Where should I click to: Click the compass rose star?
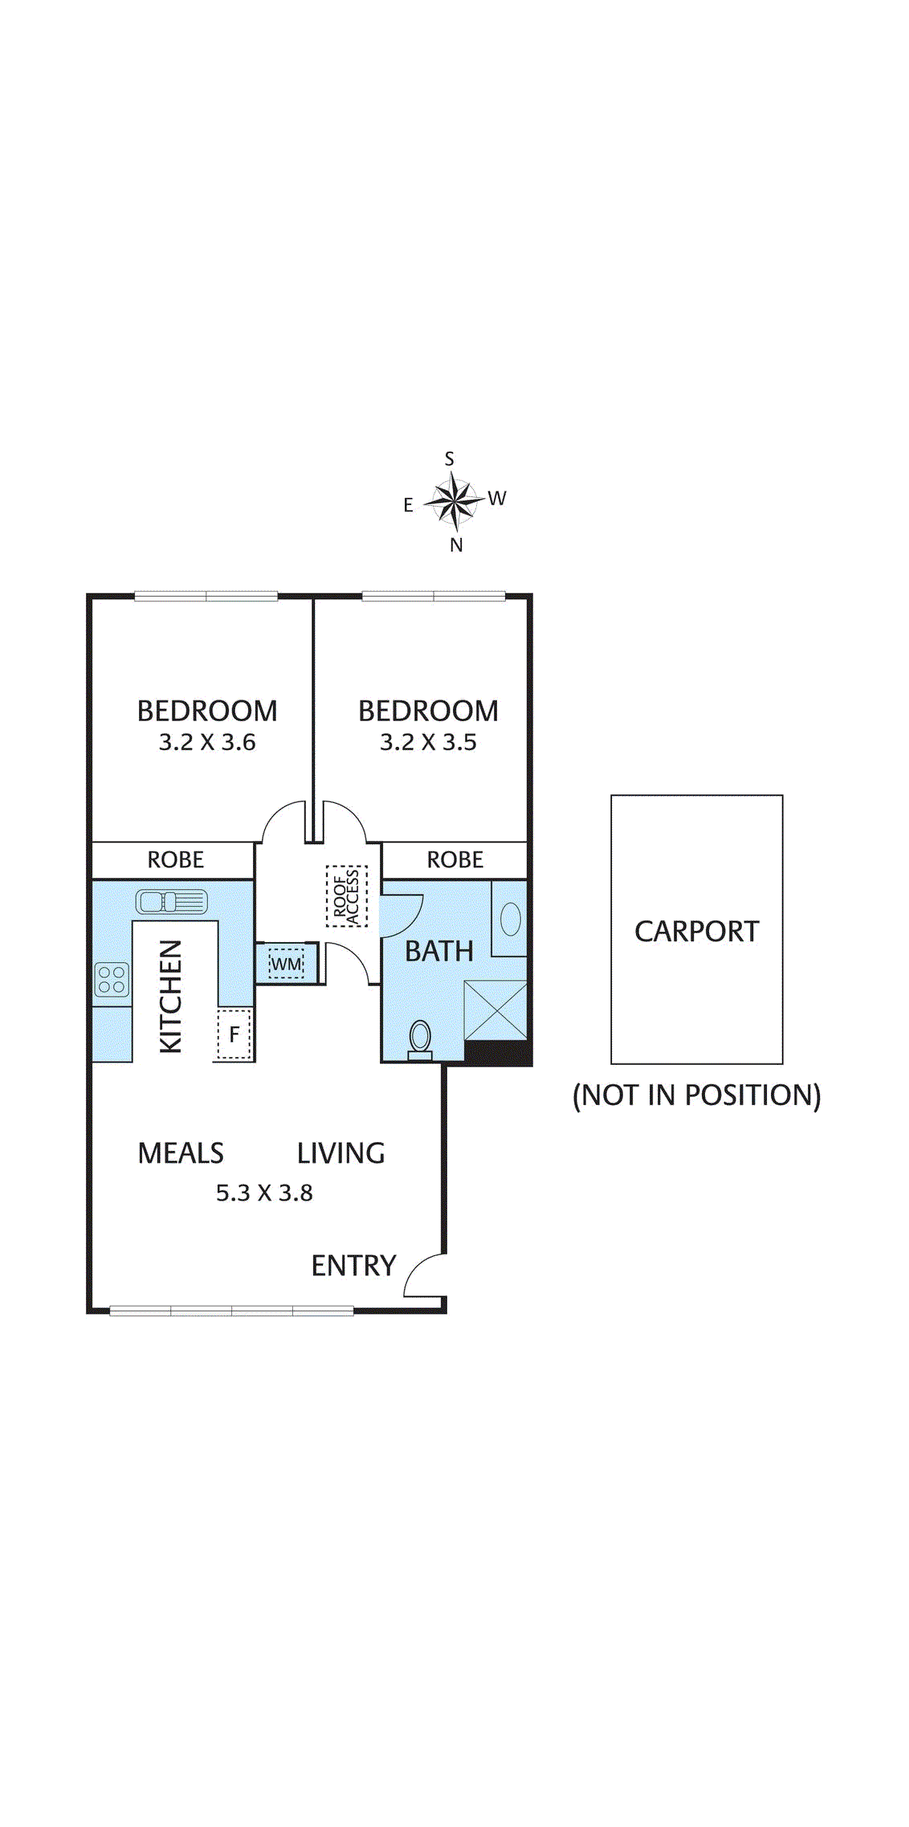coord(455,501)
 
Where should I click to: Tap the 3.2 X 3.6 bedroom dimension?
coord(207,742)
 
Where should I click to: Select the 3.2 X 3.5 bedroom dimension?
coord(428,742)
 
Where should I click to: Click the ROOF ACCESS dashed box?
coord(347,896)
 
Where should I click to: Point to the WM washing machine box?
coord(287,963)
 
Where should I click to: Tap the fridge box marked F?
coord(234,1034)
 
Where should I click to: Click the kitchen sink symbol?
coord(172,902)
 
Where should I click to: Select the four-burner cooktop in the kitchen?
coord(112,980)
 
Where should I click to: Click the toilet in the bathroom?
coord(420,1038)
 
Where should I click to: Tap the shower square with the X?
coord(495,1010)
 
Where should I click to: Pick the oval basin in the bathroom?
coord(511,919)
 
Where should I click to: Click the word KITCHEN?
coord(172,996)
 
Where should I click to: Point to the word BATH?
coord(438,951)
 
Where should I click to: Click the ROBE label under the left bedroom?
coord(176,860)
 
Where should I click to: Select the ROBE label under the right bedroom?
coord(454,860)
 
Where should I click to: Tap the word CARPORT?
coord(696,932)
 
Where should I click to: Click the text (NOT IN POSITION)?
coord(696,1095)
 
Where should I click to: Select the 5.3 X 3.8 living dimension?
coord(264,1193)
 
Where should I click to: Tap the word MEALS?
coord(181,1153)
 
